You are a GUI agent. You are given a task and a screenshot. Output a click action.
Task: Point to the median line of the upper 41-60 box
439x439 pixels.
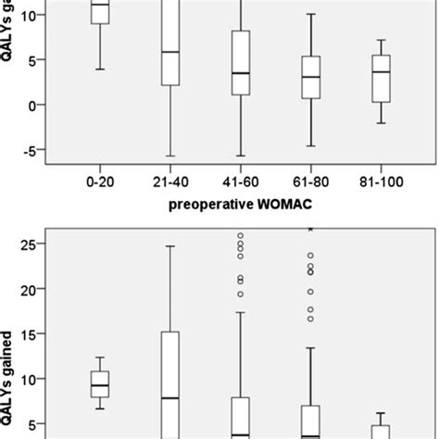coord(241,73)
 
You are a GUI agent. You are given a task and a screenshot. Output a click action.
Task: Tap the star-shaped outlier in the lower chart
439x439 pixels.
coord(309,228)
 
